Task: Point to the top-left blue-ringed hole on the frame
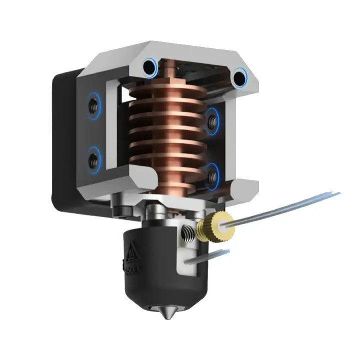pyautogui.click(x=149, y=66)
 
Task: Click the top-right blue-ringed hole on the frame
pyautogui.click(x=239, y=76)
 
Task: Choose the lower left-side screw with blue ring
pyautogui.click(x=93, y=159)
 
